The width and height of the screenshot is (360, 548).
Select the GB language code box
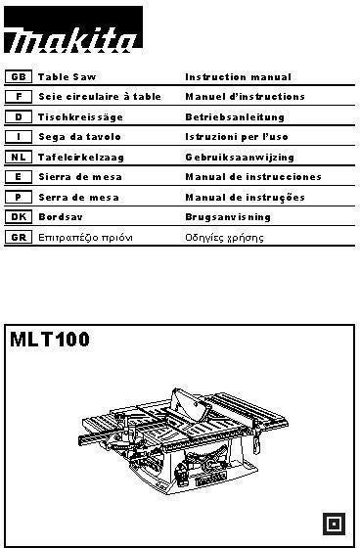point(19,75)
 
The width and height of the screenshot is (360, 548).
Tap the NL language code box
point(19,157)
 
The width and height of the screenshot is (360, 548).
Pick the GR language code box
point(19,238)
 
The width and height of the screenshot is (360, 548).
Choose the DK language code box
point(19,217)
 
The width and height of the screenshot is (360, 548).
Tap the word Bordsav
point(58,217)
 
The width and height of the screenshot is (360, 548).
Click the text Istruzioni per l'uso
point(237,137)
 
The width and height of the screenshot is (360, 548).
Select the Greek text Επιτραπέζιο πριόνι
point(85,238)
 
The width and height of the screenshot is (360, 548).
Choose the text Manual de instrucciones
point(253,177)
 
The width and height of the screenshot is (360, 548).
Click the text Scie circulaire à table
point(100,96)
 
